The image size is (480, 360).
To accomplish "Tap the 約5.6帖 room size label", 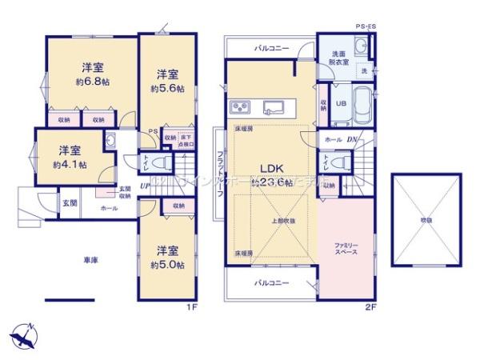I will (x=167, y=89).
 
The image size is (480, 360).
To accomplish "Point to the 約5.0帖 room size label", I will (x=167, y=264).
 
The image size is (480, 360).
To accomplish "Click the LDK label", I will (x=267, y=168).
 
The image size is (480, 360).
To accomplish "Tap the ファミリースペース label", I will (x=346, y=247).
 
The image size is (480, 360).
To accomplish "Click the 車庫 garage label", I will (x=89, y=259).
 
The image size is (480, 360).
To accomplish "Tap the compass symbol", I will (x=23, y=334).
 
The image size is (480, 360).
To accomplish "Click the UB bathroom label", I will (x=340, y=103).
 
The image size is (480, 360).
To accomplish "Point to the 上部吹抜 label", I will (x=282, y=221).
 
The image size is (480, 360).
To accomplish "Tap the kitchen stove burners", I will (x=241, y=108).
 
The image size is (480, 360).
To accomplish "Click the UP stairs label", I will (x=144, y=186).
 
